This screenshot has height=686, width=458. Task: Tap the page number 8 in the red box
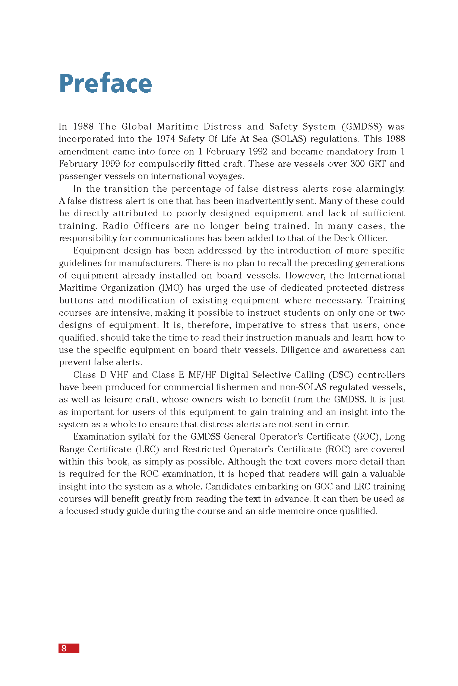(64, 648)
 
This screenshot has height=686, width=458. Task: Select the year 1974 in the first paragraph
(165, 139)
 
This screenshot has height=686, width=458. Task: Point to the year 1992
(258, 151)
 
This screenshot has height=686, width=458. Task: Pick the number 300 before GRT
(357, 164)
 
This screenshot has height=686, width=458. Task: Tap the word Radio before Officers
(116, 226)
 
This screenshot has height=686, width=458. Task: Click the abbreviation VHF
(119, 375)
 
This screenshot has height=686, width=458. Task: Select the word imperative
(259, 325)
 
